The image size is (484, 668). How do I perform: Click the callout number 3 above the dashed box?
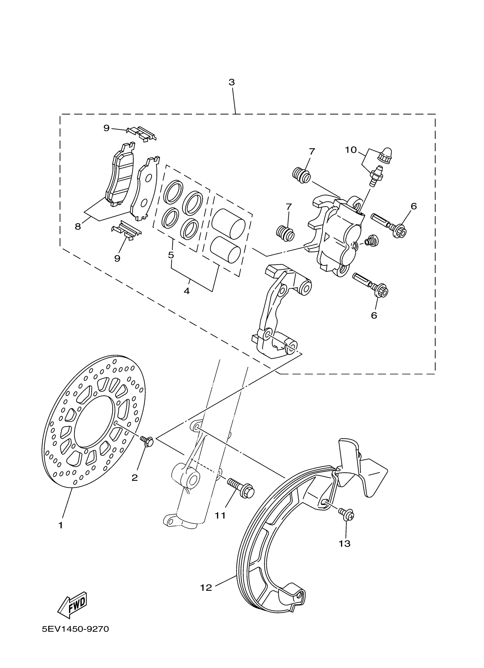tap(231, 83)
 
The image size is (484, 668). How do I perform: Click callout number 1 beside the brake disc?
tap(61, 525)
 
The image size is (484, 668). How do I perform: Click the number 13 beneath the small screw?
tap(344, 543)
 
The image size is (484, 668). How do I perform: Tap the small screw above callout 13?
tap(346, 515)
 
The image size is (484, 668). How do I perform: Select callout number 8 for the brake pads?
tap(78, 227)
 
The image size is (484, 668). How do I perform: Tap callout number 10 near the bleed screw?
tap(351, 150)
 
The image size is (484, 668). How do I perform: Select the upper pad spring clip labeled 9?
tap(141, 133)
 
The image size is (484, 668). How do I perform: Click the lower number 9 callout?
tap(117, 258)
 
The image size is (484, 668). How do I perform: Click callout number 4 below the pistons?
tap(186, 291)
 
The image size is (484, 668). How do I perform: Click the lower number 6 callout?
tap(374, 315)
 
